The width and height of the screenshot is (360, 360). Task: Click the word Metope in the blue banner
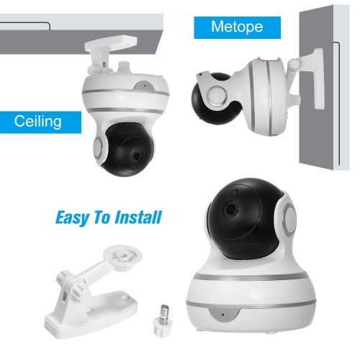tap(237, 27)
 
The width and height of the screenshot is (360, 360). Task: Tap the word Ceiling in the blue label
tap(38, 122)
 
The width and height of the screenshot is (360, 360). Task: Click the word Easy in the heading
tap(72, 217)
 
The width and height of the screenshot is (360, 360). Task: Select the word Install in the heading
tap(138, 217)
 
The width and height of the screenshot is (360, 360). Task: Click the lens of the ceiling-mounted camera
tap(137, 156)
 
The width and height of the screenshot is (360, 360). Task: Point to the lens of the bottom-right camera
tap(231, 207)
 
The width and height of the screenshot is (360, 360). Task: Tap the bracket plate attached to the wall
tap(318, 78)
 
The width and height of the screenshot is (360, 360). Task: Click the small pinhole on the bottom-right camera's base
tap(222, 315)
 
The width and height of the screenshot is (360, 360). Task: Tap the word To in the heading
tap(102, 217)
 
